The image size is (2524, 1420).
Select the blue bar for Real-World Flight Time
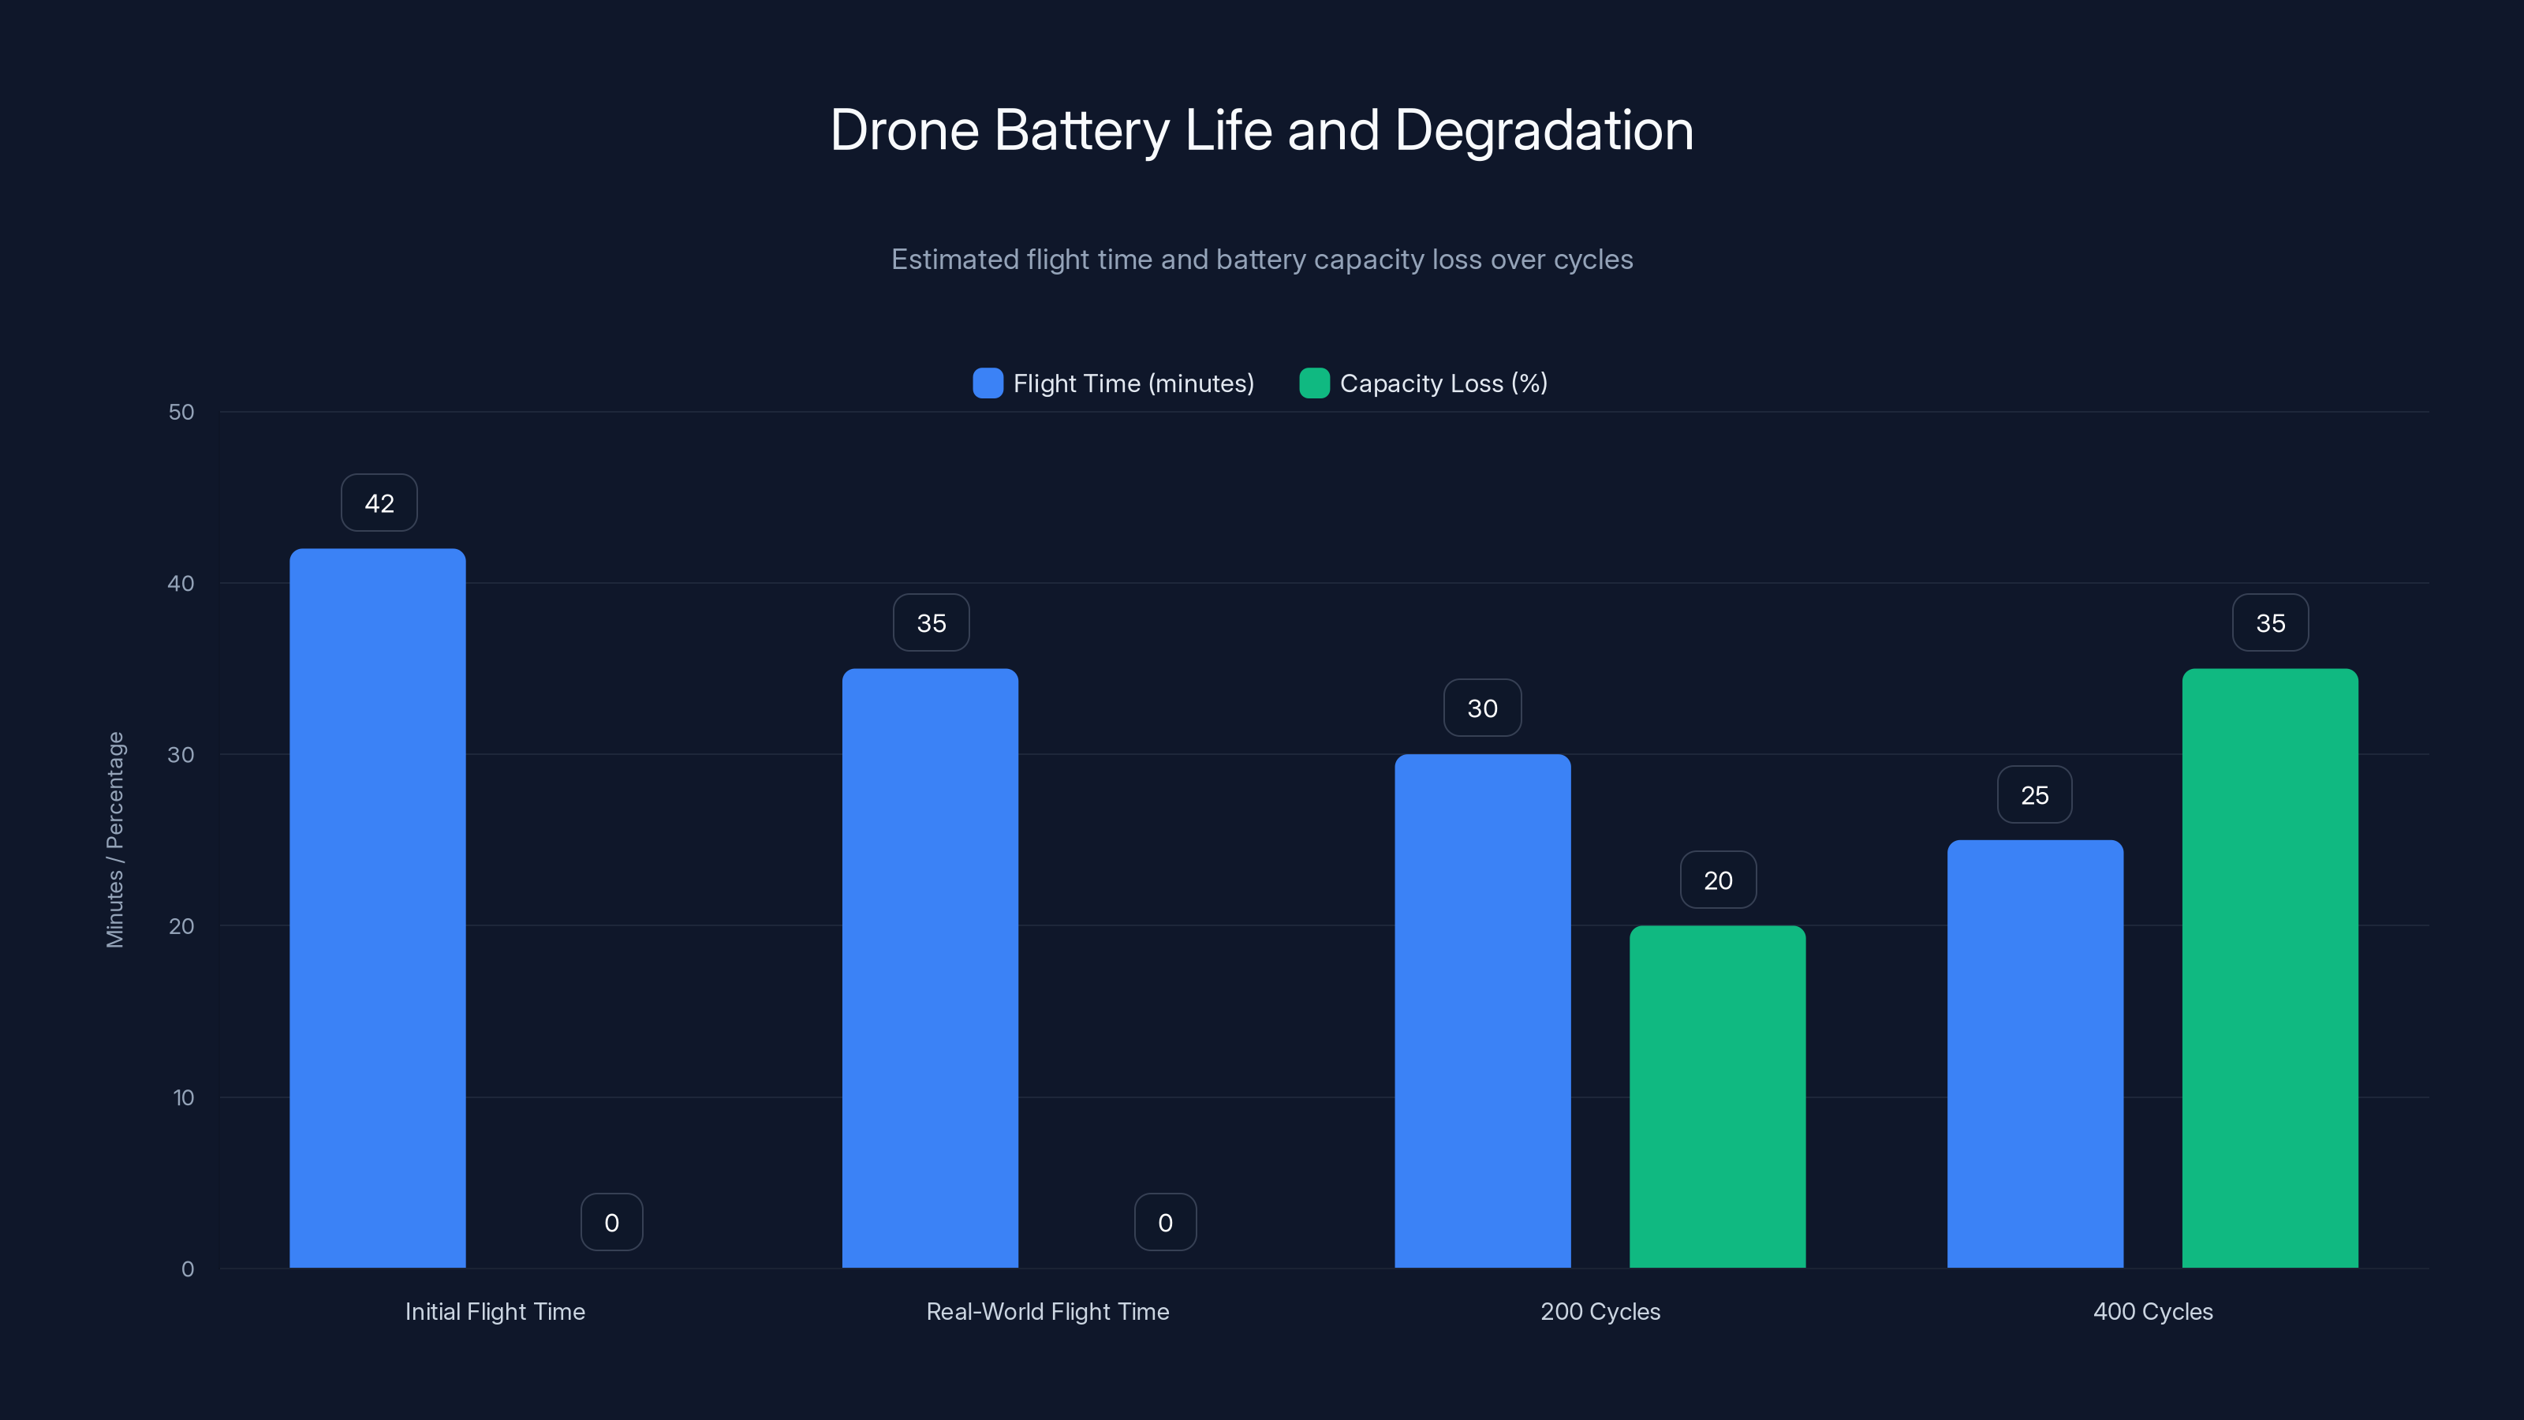[930, 967]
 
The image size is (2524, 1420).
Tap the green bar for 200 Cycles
[1716, 1096]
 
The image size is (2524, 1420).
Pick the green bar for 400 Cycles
[2269, 967]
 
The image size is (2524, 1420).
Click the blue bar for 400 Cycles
[2034, 1053]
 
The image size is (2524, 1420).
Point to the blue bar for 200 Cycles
[1481, 1011]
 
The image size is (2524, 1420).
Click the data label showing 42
[379, 503]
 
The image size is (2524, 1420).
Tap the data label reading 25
[2034, 794]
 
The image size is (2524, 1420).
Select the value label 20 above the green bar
[1718, 880]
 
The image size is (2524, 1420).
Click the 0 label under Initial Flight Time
[611, 1222]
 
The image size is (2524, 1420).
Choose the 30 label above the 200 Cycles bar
[1481, 708]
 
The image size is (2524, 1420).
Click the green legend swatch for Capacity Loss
[1314, 383]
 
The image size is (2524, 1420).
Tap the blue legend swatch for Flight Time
[988, 383]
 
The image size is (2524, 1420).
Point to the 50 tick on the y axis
[181, 412]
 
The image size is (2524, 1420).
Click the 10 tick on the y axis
[183, 1097]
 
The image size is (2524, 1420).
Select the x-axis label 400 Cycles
[2152, 1311]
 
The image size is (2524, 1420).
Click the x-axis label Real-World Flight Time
[1047, 1311]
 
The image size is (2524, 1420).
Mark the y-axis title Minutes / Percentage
[114, 840]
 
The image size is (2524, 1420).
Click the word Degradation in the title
[1544, 130]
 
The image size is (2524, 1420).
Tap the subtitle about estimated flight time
[1261, 260]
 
